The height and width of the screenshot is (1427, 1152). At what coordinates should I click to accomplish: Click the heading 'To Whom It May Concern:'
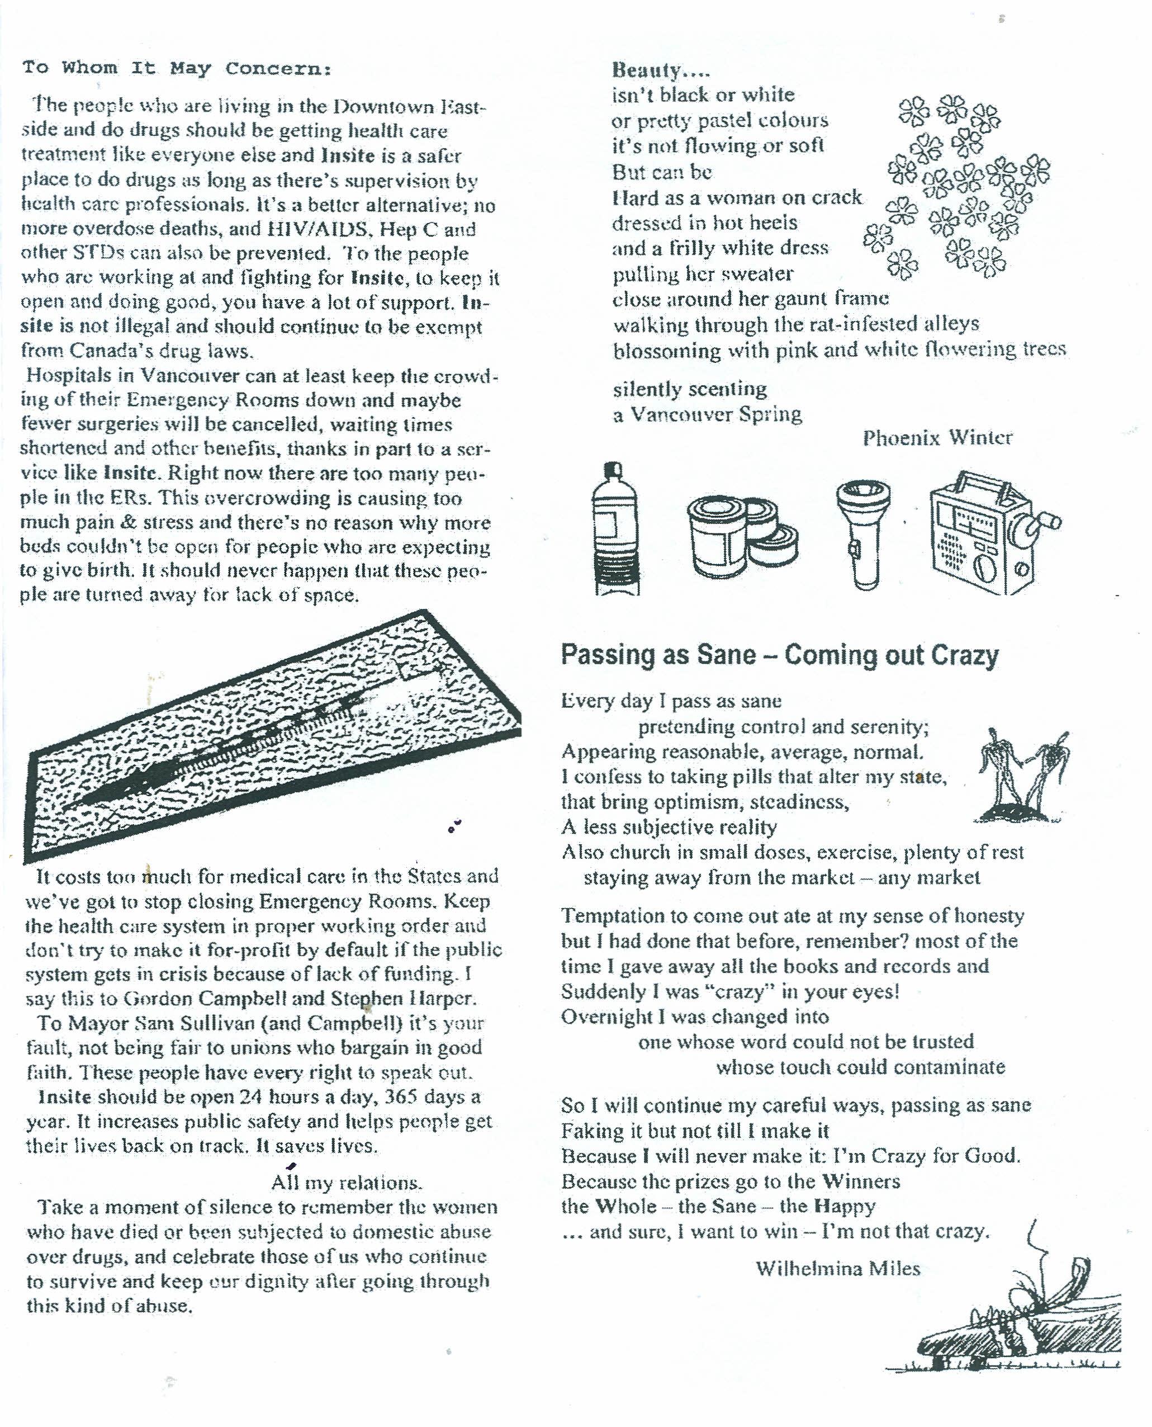(x=177, y=68)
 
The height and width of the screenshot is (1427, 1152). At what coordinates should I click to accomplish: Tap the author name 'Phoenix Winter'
(x=937, y=438)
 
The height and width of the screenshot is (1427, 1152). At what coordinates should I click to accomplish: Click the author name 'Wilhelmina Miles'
(x=837, y=1269)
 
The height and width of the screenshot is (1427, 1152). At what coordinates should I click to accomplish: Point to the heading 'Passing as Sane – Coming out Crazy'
(x=780, y=655)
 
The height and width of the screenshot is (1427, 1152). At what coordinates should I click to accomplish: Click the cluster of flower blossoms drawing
(x=958, y=186)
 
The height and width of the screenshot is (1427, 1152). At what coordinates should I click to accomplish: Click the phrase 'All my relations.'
(x=346, y=1182)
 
